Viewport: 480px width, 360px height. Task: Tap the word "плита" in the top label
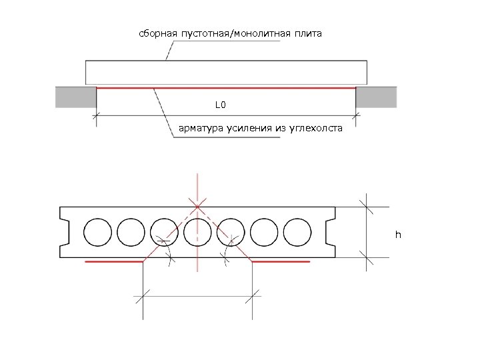tap(307, 33)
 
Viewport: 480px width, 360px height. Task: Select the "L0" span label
tap(221, 105)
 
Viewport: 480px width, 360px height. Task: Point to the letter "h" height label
tap(398, 235)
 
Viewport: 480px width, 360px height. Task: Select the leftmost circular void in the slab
tap(97, 232)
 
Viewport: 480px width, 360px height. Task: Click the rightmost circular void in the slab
tap(297, 232)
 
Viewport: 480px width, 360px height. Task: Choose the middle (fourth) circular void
tap(197, 232)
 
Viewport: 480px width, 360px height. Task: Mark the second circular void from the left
tap(131, 232)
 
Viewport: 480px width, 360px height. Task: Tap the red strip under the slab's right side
tap(281, 263)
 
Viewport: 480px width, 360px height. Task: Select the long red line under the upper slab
tap(227, 87)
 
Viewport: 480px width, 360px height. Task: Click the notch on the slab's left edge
tap(65, 232)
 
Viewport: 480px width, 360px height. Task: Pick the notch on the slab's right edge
tap(331, 232)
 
